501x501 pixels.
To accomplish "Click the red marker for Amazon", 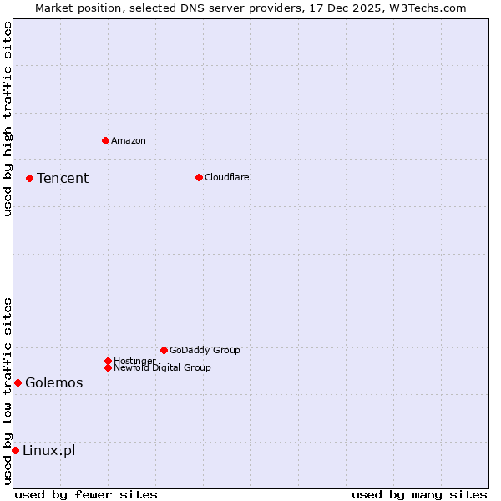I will [105, 140].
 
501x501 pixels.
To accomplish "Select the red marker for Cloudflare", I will [199, 177].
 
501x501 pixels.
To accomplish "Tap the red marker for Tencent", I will [29, 178].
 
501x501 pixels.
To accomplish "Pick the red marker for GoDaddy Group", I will [164, 350].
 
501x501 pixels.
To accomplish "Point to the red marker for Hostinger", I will [108, 361].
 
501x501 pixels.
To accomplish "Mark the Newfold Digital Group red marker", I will [108, 367].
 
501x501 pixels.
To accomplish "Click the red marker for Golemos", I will [18, 382].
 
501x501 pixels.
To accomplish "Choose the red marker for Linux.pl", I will [15, 451].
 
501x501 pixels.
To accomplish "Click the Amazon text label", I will [129, 140].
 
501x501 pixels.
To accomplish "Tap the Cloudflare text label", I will [227, 177].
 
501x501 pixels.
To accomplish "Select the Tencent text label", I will [63, 178].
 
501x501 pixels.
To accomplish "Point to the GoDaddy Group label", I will [205, 350].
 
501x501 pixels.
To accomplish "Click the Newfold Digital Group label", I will [163, 368].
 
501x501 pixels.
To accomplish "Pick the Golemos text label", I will [54, 383].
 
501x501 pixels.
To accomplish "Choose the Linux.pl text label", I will [49, 451].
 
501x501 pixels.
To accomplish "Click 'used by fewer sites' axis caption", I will [86, 494].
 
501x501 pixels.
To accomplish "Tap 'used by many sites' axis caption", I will [419, 494].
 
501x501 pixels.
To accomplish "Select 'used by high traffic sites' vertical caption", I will [8, 119].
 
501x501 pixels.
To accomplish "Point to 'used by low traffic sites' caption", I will [8, 391].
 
